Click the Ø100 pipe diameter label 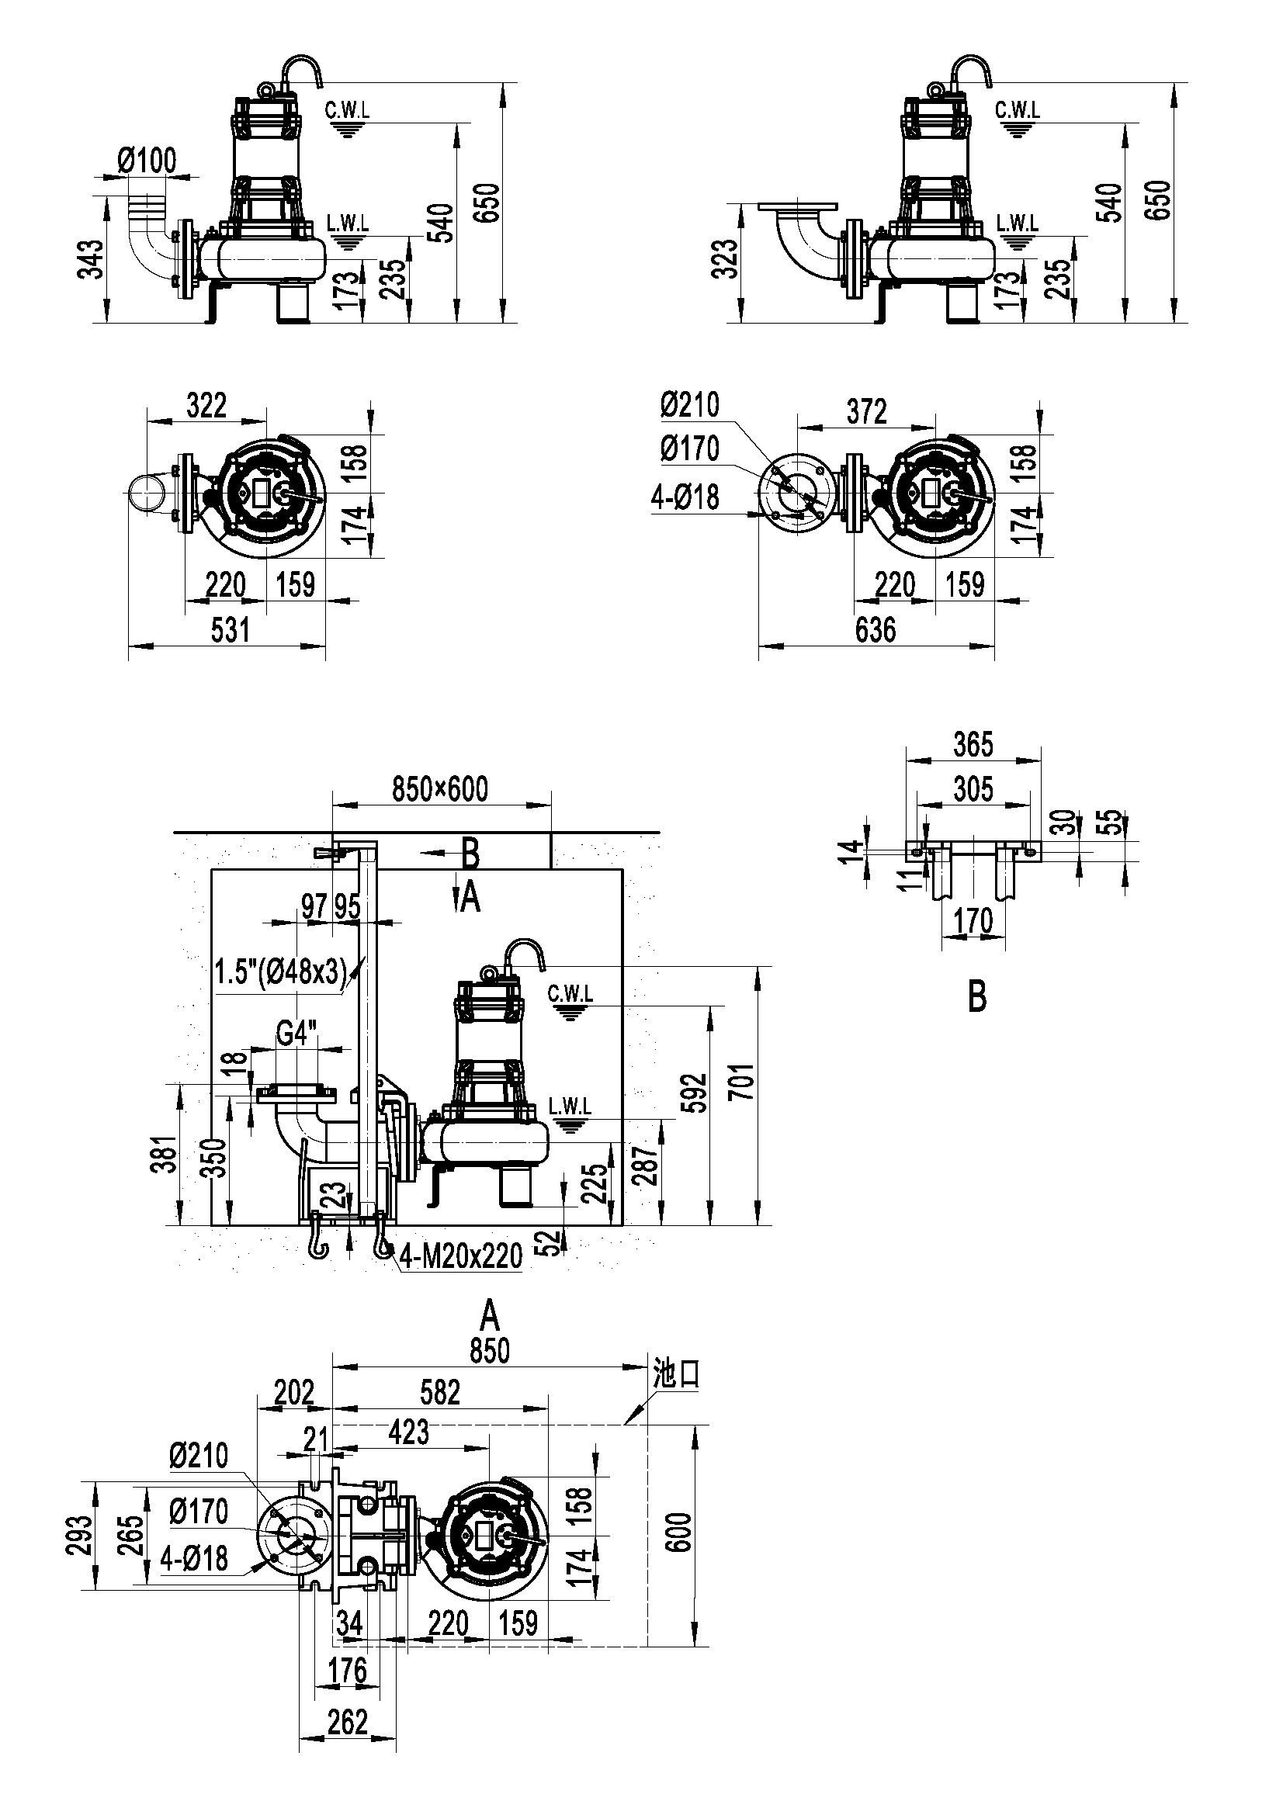coord(147,161)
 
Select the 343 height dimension coord(92,258)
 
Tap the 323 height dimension coord(725,258)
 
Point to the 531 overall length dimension coord(229,630)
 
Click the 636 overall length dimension coord(875,630)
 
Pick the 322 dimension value coord(206,406)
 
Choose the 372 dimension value coord(866,411)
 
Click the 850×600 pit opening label coord(440,789)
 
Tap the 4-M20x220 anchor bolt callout coord(462,1256)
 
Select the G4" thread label coord(296,1033)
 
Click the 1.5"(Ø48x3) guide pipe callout coord(282,972)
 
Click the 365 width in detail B coord(973,744)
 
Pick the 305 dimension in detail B coord(973,788)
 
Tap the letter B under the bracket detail coord(977,998)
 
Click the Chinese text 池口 coord(677,1374)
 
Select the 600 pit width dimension coord(681,1531)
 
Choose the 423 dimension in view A coord(409,1432)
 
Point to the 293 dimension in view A coord(78,1534)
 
